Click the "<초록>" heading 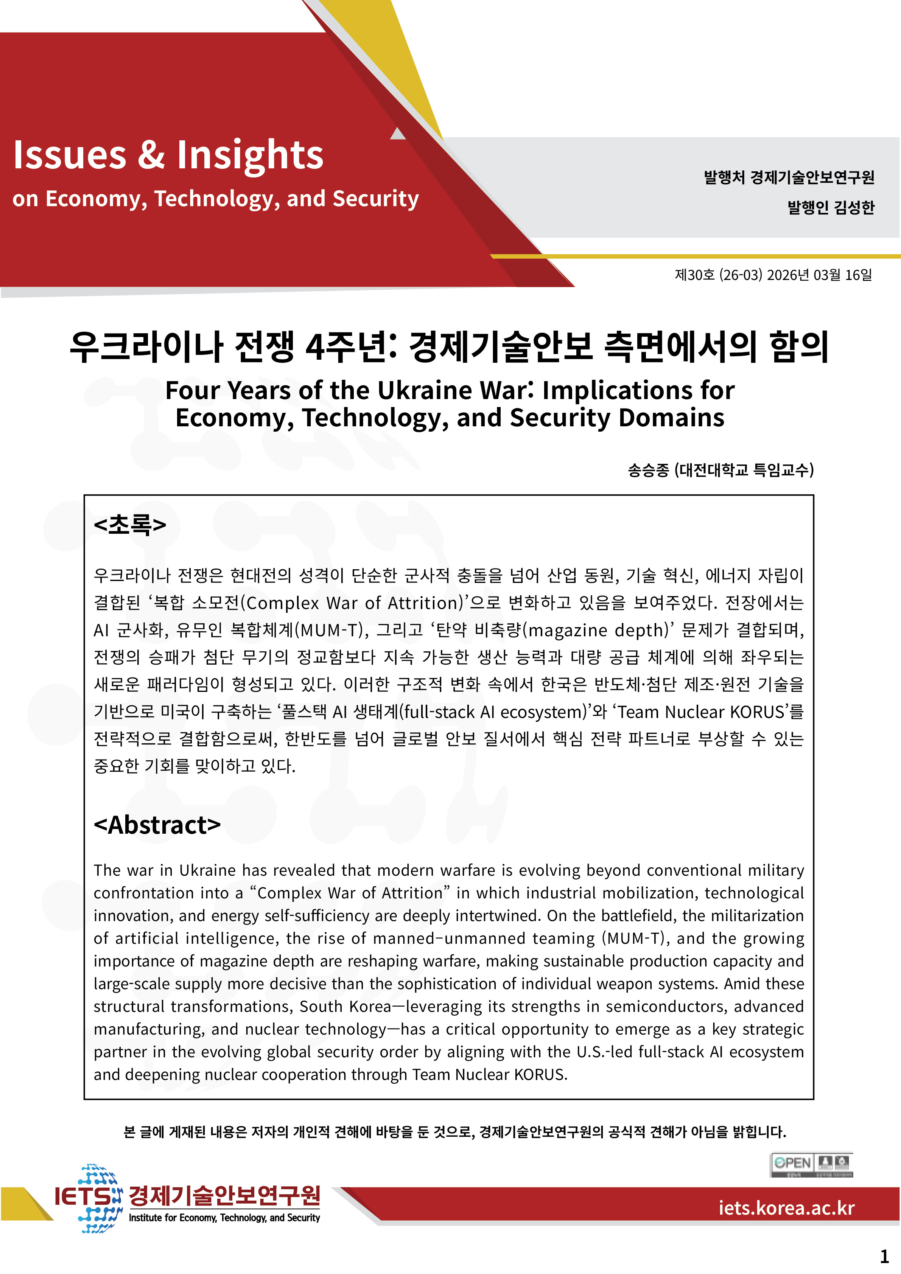[130, 524]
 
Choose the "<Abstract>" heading [157, 825]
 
